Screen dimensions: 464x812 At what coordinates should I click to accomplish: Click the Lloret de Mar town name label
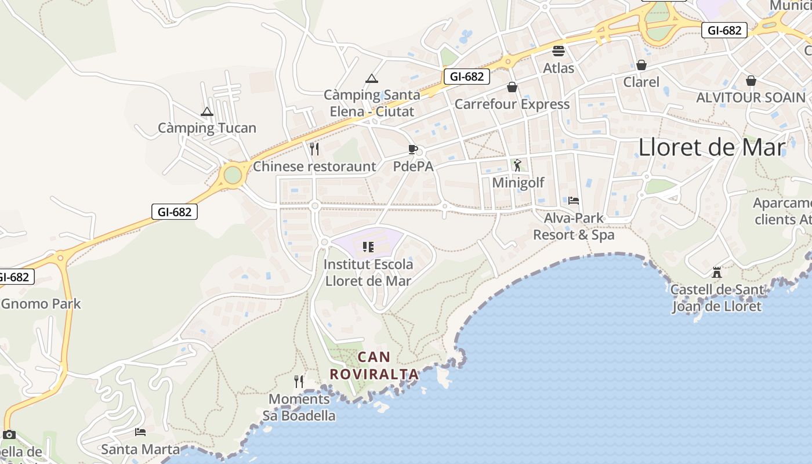point(712,147)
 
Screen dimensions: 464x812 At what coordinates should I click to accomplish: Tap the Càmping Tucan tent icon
point(207,112)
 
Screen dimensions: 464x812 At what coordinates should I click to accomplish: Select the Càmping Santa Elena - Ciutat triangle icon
point(372,78)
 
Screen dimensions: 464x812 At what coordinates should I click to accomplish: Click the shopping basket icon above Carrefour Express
point(512,87)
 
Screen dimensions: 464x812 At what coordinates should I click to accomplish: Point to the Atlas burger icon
point(559,51)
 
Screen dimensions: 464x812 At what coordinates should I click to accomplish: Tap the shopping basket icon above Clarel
point(641,65)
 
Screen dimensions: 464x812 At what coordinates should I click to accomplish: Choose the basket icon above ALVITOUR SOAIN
point(751,81)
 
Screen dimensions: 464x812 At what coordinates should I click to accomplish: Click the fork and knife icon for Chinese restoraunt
point(314,149)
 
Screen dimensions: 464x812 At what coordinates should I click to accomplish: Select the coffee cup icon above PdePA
point(413,150)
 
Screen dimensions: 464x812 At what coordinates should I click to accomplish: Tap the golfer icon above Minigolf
point(517,165)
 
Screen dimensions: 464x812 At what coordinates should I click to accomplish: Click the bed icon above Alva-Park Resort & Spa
point(574,201)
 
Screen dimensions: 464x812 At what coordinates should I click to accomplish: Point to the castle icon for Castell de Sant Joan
point(717,272)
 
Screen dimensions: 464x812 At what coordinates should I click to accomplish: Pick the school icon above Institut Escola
point(368,248)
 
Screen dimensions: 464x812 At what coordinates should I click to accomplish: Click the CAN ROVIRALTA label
point(374,365)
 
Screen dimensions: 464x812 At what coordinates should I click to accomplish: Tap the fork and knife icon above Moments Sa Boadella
point(299,382)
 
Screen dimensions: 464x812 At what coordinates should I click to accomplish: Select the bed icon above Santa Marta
point(140,432)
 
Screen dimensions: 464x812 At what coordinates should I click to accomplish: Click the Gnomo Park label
point(41,304)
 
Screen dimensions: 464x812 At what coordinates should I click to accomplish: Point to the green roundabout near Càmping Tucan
point(233,175)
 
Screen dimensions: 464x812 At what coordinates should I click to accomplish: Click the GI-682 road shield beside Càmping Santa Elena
point(467,76)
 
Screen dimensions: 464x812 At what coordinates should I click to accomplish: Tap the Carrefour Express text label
point(512,104)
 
